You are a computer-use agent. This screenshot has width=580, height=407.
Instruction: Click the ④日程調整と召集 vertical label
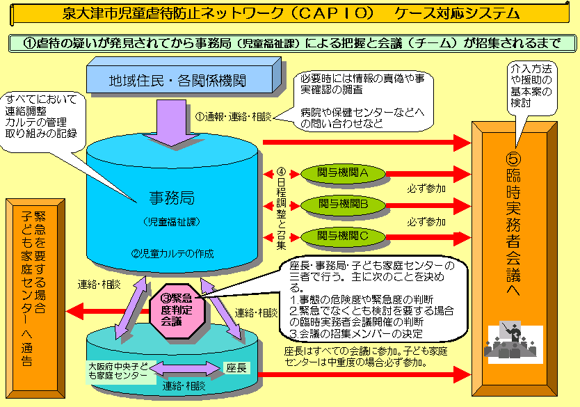281,205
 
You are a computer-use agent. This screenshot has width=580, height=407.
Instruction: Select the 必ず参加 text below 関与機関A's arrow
426,189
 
